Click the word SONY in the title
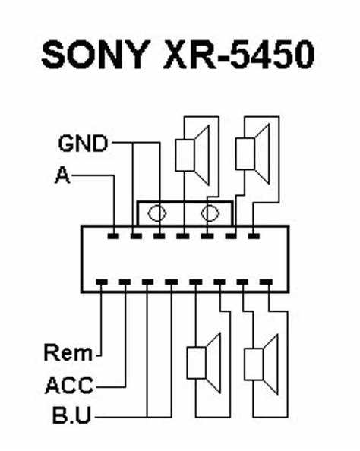tap(96, 55)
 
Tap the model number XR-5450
tap(238, 55)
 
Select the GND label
tap(83, 143)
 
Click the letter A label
tap(62, 175)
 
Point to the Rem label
tap(68, 352)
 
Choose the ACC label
tap(69, 385)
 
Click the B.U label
tap(71, 415)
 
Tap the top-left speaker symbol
tap(192, 156)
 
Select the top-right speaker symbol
tap(253, 154)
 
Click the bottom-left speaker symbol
tap(204, 363)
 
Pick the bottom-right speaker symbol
tap(261, 364)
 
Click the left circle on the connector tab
tap(156, 213)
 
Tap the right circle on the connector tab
tap(210, 213)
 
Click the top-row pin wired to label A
tap(113, 236)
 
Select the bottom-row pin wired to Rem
tap(101, 282)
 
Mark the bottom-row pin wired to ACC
tap(125, 282)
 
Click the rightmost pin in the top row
tap(254, 236)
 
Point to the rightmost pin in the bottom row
tap(266, 282)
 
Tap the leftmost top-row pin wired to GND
tap(136, 236)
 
